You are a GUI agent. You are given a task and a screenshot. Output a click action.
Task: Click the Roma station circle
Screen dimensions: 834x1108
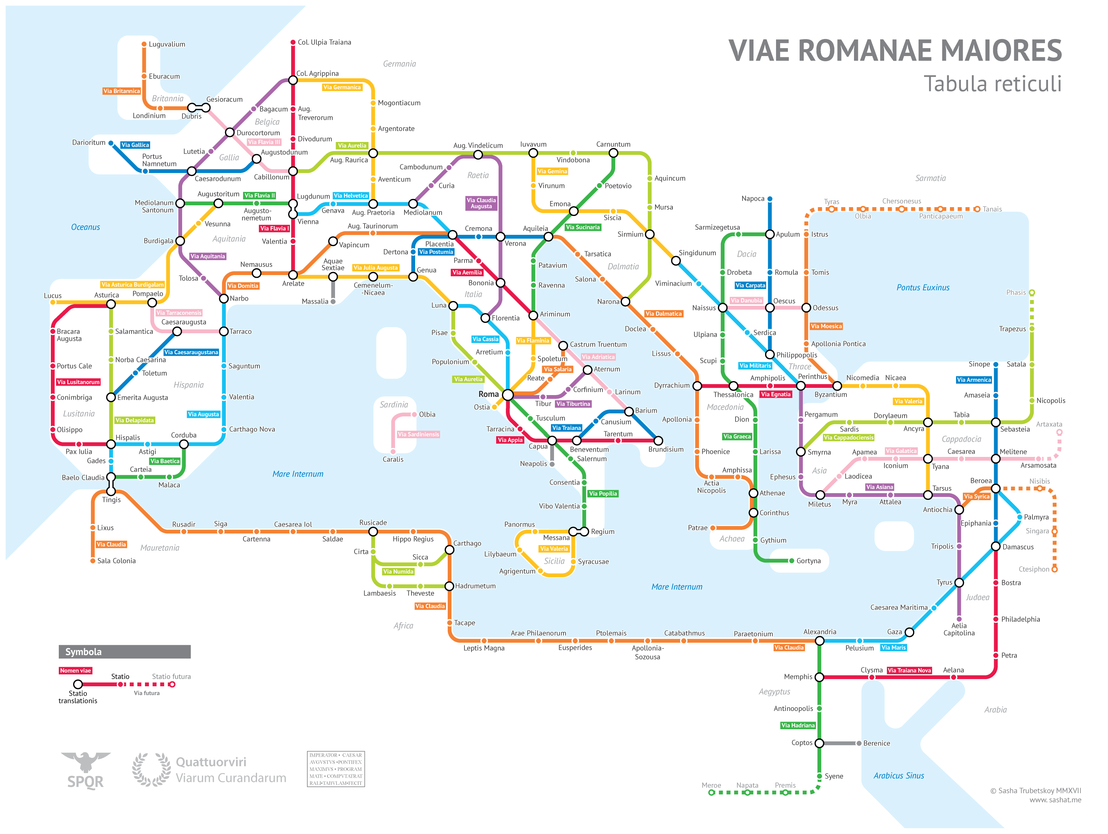(507, 395)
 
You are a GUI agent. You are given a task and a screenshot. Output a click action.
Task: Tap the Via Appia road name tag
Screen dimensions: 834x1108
(510, 440)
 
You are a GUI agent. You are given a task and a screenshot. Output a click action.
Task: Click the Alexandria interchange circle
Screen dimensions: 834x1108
(820, 641)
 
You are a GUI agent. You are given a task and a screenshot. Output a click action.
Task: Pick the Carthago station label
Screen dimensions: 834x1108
(467, 543)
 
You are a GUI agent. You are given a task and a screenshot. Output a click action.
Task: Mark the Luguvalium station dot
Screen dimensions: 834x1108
(144, 44)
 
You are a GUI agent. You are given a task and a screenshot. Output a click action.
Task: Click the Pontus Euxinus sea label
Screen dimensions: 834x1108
(923, 288)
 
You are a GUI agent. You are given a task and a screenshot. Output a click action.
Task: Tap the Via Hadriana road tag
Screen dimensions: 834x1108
(798, 725)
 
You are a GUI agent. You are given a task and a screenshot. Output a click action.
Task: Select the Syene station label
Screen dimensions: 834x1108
(834, 776)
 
